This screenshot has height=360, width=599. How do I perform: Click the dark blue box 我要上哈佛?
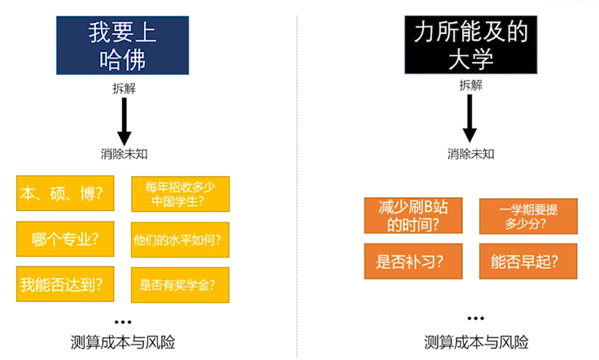122,46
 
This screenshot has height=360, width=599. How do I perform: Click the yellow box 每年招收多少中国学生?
181,195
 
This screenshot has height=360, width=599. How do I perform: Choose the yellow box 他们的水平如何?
181,240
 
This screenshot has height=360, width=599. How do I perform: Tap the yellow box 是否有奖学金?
181,284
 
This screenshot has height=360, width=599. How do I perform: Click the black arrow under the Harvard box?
124,121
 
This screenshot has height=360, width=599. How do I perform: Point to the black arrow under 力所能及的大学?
470,121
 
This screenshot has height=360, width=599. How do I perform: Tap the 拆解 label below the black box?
470,85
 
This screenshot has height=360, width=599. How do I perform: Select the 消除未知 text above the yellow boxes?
125,152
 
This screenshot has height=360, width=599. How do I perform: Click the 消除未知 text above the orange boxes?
470,152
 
